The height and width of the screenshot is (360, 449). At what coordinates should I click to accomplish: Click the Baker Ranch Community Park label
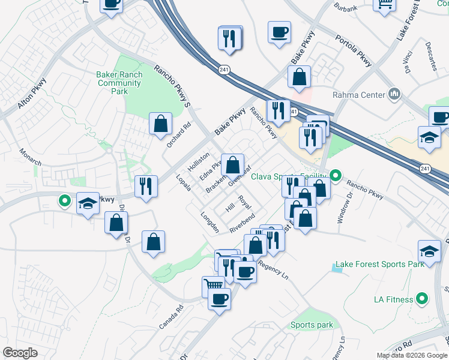pyautogui.click(x=119, y=83)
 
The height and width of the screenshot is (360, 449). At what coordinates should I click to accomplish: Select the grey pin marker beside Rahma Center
pyautogui.click(x=394, y=94)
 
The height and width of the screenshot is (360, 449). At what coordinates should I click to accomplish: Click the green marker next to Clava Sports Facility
pyautogui.click(x=336, y=176)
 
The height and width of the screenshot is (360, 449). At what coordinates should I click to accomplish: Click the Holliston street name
pyautogui.click(x=199, y=160)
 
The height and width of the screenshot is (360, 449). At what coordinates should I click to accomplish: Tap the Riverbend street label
pyautogui.click(x=242, y=223)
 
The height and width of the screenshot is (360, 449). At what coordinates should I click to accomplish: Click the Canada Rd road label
pyautogui.click(x=170, y=318)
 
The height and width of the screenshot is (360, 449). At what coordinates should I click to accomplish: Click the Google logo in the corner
pyautogui.click(x=20, y=353)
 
